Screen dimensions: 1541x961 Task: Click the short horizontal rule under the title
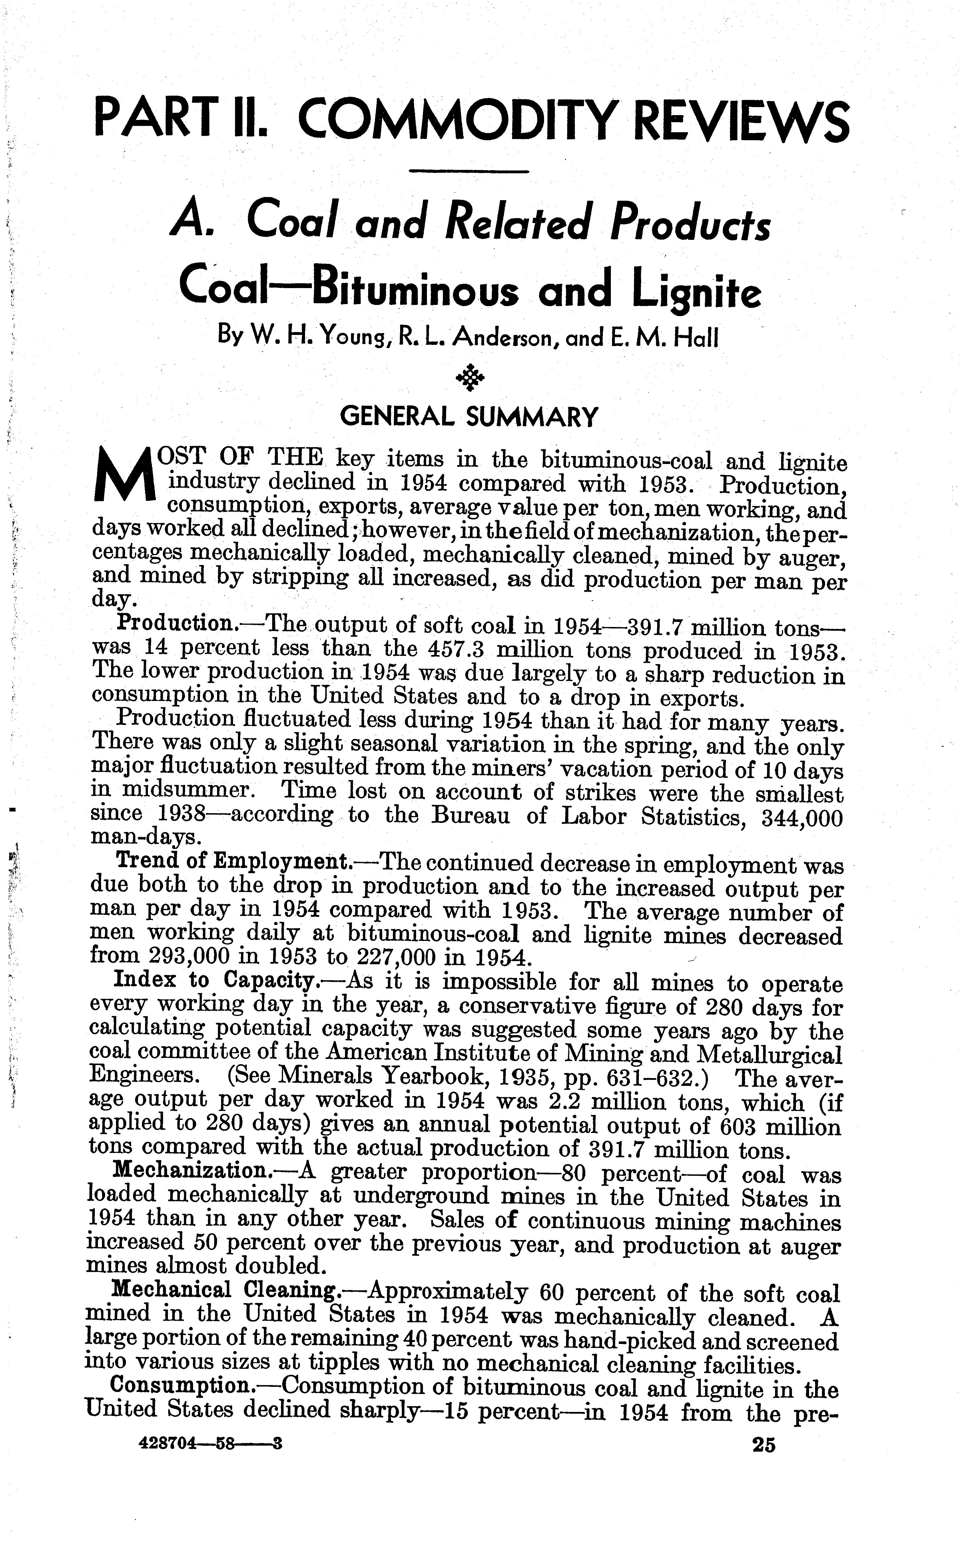[470, 172]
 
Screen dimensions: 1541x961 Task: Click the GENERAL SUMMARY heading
[469, 417]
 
